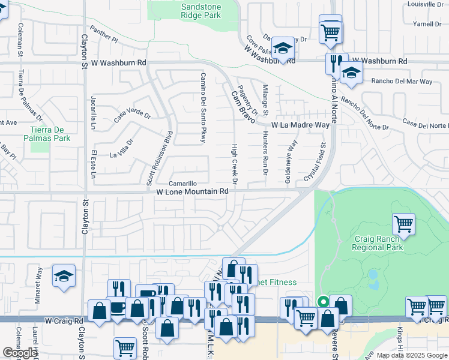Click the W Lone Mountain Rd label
tap(192, 192)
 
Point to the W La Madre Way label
tap(300, 125)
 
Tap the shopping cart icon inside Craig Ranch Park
tap(403, 224)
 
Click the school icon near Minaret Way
tap(64, 276)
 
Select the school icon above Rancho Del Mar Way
tap(351, 74)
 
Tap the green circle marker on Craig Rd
tap(323, 302)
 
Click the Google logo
tap(20, 353)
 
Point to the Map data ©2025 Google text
tap(411, 355)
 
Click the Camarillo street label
tap(182, 184)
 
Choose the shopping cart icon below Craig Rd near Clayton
tap(125, 347)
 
